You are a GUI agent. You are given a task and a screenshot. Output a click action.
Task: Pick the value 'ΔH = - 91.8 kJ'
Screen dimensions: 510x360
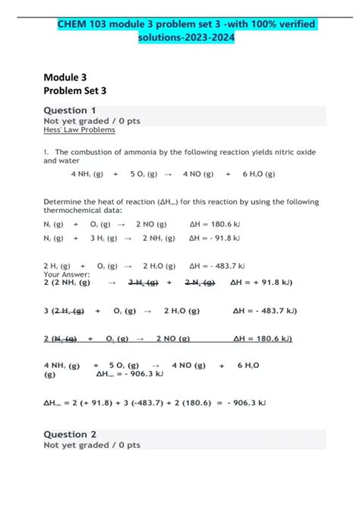click(215, 238)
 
